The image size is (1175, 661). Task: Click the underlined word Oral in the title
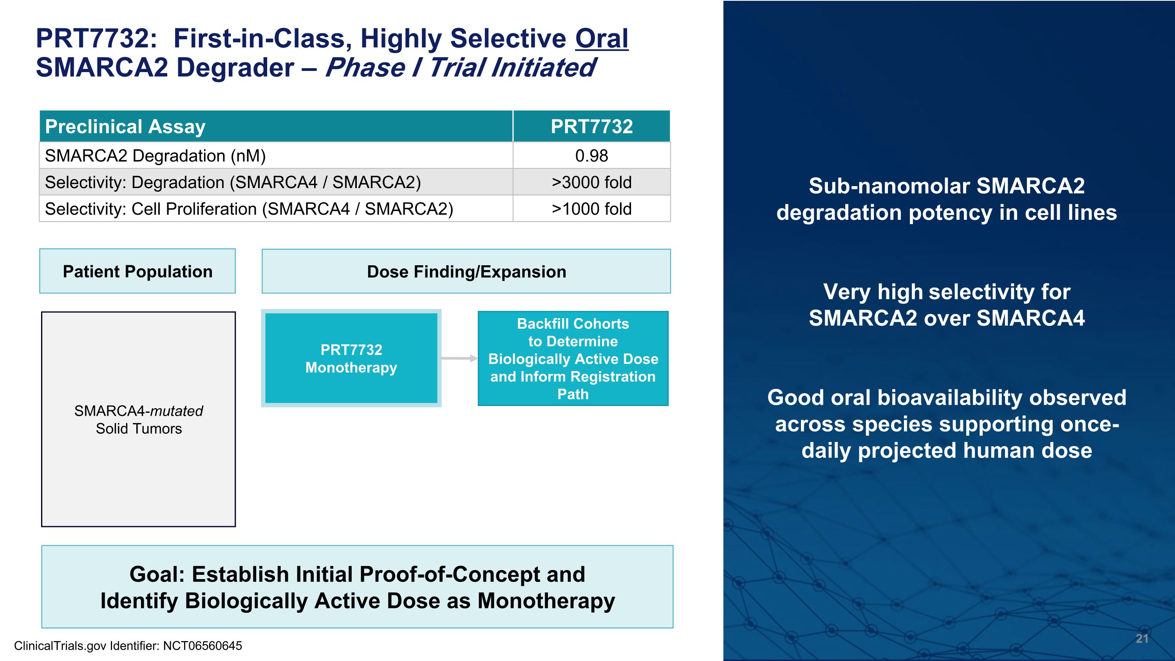click(601, 38)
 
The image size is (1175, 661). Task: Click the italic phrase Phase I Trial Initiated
click(459, 68)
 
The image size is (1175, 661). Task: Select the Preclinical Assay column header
click(125, 126)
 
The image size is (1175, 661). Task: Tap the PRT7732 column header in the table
click(591, 126)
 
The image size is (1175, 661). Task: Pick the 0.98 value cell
click(591, 156)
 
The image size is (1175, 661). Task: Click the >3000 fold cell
click(591, 183)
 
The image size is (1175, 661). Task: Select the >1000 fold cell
click(591, 209)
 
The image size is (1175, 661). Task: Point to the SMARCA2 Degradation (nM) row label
click(155, 156)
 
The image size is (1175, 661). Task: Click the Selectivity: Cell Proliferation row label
click(249, 209)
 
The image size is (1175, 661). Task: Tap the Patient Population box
click(137, 272)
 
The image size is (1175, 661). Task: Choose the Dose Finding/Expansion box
click(466, 272)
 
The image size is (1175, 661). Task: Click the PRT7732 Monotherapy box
click(351, 359)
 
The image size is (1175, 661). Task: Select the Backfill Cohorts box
click(573, 359)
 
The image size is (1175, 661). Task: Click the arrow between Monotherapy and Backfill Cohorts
click(458, 359)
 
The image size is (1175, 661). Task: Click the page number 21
click(1142, 639)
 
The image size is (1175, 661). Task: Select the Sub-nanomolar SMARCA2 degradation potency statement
click(947, 199)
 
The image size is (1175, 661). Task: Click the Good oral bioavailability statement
click(947, 424)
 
